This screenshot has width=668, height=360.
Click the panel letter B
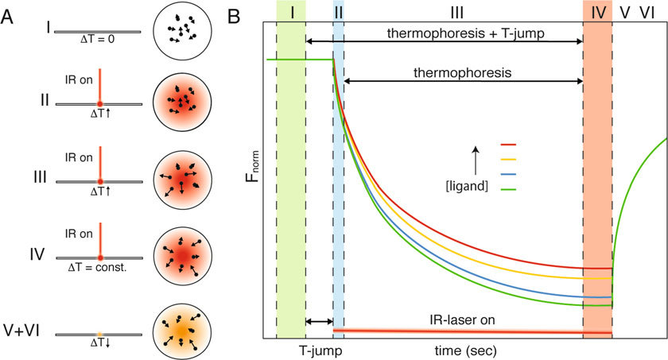[x=235, y=16]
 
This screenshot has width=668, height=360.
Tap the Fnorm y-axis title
[x=253, y=166]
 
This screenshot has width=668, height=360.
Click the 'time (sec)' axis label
[x=466, y=350]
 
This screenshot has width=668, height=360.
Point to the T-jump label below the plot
[x=320, y=350]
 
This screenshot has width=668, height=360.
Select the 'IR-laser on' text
[x=463, y=319]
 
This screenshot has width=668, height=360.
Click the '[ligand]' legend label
[x=467, y=186]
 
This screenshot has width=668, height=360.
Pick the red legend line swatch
[x=507, y=145]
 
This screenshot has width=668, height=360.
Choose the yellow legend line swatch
[x=507, y=160]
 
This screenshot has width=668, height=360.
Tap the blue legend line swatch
[x=507, y=174]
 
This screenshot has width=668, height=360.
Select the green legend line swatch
[x=507, y=189]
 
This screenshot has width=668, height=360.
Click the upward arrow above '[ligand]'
[x=476, y=161]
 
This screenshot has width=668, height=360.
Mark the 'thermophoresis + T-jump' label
[x=466, y=33]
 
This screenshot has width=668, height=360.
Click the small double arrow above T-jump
[x=320, y=321]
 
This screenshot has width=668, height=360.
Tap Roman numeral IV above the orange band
[x=598, y=14]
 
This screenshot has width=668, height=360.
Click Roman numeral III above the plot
[x=456, y=14]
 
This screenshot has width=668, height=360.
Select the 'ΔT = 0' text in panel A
[x=98, y=40]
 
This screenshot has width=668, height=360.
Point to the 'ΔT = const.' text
[x=98, y=268]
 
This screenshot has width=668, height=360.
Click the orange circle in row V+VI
[x=182, y=331]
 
